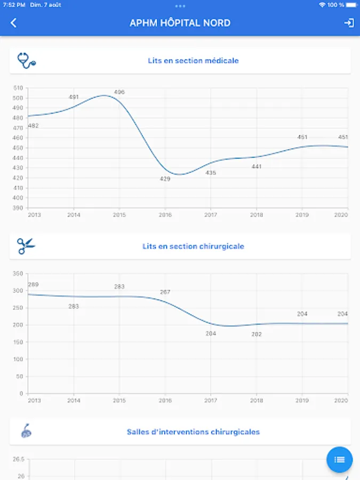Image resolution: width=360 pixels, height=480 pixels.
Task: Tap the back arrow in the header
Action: [x=14, y=23]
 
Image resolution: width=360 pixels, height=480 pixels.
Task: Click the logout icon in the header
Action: [x=349, y=23]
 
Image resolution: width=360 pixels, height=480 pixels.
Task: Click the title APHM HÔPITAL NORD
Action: [x=180, y=23]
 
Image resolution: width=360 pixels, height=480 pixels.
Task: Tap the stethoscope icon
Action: [x=26, y=60]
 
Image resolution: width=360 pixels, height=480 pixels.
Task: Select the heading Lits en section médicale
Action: [x=193, y=61]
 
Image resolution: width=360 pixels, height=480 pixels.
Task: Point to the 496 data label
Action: [x=119, y=92]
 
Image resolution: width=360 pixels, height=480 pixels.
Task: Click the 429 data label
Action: [x=165, y=179]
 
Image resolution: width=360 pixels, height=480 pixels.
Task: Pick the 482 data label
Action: [x=33, y=126]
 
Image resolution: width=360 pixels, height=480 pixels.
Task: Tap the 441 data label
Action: [x=257, y=167]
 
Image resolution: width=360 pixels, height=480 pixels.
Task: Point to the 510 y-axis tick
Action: [x=18, y=88]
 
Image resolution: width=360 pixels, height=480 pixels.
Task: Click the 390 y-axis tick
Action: [x=18, y=207]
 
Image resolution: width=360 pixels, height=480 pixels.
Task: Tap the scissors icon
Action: [x=26, y=246]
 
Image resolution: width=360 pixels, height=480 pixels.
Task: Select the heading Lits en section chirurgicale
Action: [x=193, y=246]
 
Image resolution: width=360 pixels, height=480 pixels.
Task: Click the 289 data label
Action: [x=33, y=285]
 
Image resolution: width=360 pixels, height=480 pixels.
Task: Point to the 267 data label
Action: [x=165, y=292]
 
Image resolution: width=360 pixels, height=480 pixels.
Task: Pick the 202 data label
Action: [x=257, y=334]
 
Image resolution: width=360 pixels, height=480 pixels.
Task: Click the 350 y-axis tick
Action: [x=18, y=274]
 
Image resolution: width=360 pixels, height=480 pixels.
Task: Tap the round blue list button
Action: [x=339, y=459]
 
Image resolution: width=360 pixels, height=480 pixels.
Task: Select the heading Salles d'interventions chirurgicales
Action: [x=193, y=431]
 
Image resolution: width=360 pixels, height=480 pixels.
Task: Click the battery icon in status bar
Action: [x=351, y=5]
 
